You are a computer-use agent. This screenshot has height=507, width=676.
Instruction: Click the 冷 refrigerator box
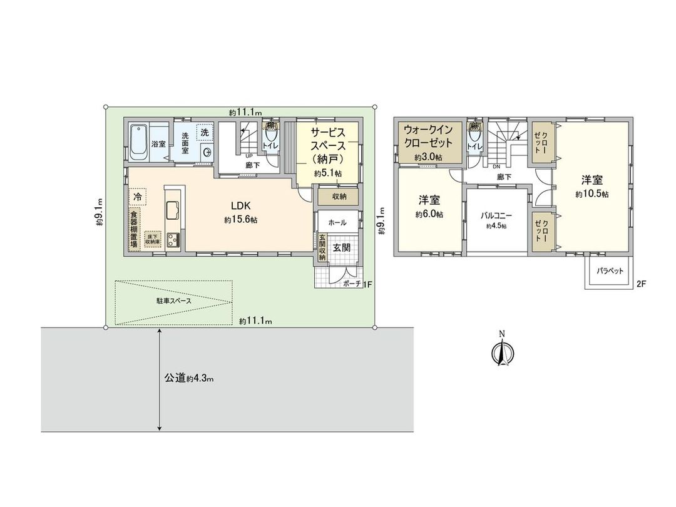point(137,197)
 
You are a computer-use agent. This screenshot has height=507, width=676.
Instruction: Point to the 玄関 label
point(341,247)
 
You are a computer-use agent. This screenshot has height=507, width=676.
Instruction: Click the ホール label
point(337,222)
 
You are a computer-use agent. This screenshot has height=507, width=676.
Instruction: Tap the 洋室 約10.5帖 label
point(591,187)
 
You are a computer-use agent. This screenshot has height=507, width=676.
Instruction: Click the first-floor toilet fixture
point(272,136)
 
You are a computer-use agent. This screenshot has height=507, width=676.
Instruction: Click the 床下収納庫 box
point(153,239)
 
